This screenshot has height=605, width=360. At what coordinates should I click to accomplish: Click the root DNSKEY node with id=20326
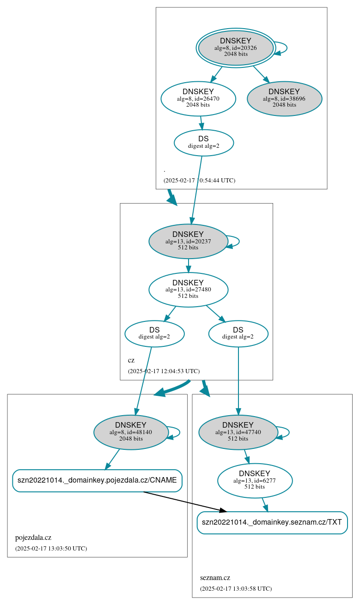pyautogui.click(x=236, y=48)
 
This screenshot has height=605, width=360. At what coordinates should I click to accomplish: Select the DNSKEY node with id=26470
pyautogui.click(x=198, y=98)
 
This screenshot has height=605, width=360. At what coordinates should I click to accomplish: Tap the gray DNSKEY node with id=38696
pyautogui.click(x=284, y=98)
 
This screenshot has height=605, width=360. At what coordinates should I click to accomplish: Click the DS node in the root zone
pyautogui.click(x=203, y=142)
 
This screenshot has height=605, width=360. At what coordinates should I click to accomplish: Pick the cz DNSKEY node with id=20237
pyautogui.click(x=188, y=241)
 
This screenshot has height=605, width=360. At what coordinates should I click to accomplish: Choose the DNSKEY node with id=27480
pyautogui.click(x=188, y=290)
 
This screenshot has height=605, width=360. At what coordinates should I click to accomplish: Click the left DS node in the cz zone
pyautogui.click(x=154, y=333)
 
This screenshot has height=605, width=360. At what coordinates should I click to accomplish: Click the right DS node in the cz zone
pyautogui.click(x=238, y=333)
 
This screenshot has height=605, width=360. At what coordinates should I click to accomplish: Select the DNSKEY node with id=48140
pyautogui.click(x=131, y=432)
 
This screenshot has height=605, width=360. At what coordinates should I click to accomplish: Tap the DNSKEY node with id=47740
pyautogui.click(x=238, y=432)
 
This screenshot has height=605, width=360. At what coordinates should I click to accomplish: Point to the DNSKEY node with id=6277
pyautogui.click(x=255, y=481)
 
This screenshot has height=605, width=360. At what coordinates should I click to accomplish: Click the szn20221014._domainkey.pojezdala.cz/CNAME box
pyautogui.click(x=97, y=480)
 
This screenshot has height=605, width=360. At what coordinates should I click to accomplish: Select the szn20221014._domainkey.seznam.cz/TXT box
pyautogui.click(x=272, y=522)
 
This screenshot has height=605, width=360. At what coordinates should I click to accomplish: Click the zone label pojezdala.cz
pyautogui.click(x=33, y=538)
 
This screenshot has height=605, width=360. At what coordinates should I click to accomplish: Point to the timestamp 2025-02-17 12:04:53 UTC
pyautogui.click(x=164, y=371)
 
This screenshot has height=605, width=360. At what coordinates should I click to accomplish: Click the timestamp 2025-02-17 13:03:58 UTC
pyautogui.click(x=236, y=589)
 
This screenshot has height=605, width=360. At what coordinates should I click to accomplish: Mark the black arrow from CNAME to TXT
pyautogui.click(x=185, y=502)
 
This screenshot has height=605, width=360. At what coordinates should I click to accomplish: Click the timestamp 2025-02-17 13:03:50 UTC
pyautogui.click(x=51, y=549)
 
